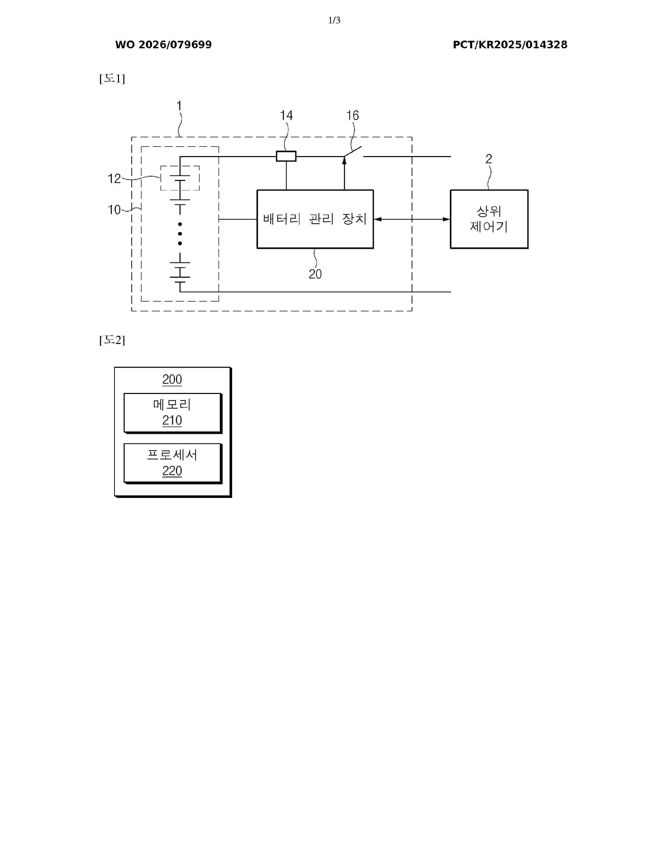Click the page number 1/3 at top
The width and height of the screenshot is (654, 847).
tap(334, 20)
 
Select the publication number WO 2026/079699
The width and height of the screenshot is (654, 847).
tap(163, 45)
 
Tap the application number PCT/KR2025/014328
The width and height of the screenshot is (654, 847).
tap(510, 45)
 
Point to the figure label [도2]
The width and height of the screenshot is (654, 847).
tap(112, 340)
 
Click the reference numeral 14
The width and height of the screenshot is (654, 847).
tap(286, 115)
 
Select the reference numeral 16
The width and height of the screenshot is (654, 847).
tap(352, 115)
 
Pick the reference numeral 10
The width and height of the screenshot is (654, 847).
tap(114, 209)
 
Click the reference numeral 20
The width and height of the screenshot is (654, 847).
tap(315, 274)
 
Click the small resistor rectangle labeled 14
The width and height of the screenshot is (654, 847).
tap(286, 156)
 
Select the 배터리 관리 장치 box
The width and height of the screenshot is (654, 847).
tap(315, 219)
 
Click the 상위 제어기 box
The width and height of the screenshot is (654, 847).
tap(489, 219)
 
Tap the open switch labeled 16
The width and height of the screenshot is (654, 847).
tap(353, 152)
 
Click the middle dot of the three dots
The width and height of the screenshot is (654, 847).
tap(180, 234)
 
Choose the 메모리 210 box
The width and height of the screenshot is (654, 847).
tap(172, 413)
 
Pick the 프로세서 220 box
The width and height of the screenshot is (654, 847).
tap(172, 463)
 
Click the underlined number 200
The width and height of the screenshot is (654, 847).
tap(172, 379)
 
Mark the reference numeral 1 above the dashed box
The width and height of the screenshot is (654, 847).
tap(179, 105)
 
